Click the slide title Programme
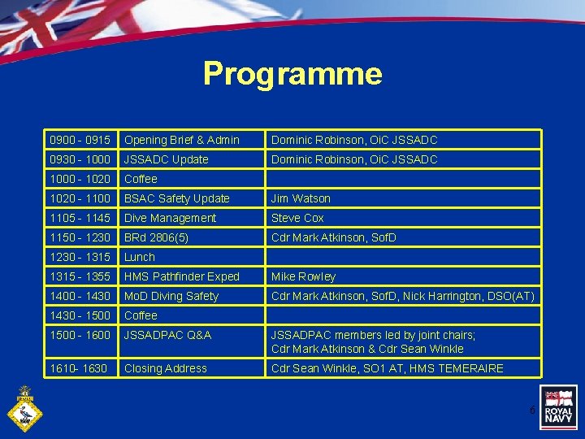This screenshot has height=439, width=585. pyautogui.click(x=292, y=74)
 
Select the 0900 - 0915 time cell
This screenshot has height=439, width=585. pyautogui.click(x=79, y=140)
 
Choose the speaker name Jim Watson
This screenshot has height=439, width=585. pyautogui.click(x=301, y=198)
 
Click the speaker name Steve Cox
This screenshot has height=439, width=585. pyautogui.click(x=297, y=218)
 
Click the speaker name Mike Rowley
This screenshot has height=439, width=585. pyautogui.click(x=303, y=276)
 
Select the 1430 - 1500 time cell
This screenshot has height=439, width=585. pyautogui.click(x=79, y=315)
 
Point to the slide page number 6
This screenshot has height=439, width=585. pyautogui.click(x=532, y=411)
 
